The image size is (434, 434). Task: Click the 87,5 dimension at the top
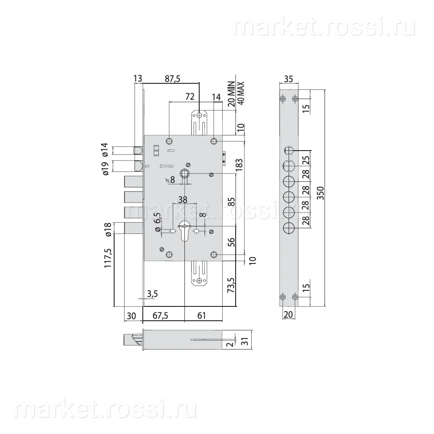pyautogui.click(x=172, y=79)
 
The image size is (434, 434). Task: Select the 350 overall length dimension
pyautogui.click(x=320, y=193)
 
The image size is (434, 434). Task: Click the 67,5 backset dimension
pyautogui.click(x=160, y=316)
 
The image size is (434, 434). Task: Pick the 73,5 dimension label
pyautogui.click(x=230, y=285)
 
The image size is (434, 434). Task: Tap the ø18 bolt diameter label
pyautogui.click(x=108, y=229)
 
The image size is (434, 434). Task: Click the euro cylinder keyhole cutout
pyautogui.click(x=184, y=230)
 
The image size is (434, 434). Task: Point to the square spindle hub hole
pyautogui.click(x=184, y=174)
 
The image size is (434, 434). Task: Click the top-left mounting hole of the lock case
pyautogui.click(x=169, y=141)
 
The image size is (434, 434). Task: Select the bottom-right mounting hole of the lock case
pyautogui.click(x=214, y=255)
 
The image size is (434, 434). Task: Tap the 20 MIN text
pyautogui.click(x=231, y=94)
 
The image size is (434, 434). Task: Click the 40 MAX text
pyautogui.click(x=241, y=93)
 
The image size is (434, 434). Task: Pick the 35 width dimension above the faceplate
pyautogui.click(x=289, y=79)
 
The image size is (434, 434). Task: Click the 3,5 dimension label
pyautogui.click(x=152, y=294)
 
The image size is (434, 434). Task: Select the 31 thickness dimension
pyautogui.click(x=245, y=342)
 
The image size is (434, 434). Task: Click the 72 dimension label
pyautogui.click(x=190, y=97)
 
